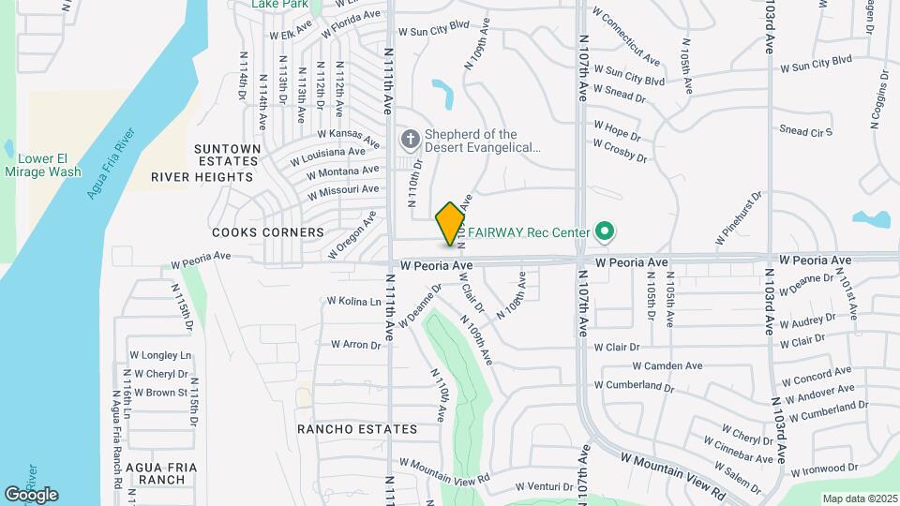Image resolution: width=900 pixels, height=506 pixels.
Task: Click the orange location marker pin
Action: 450,224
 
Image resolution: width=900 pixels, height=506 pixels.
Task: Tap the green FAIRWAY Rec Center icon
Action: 605,231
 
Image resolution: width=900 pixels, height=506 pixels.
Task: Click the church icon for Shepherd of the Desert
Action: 409,141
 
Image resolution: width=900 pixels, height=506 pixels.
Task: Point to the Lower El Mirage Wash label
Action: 42,165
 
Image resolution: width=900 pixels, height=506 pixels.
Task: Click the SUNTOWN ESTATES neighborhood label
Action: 227,156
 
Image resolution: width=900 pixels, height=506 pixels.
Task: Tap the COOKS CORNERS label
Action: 254,231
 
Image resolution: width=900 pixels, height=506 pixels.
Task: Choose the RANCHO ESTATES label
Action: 357,429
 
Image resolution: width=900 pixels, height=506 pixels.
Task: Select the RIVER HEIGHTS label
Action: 202,177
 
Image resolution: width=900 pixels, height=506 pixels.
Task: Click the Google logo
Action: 31,494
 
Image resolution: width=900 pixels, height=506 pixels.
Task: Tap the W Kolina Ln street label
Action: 353,302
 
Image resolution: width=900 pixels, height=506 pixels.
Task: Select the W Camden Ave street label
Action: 667,366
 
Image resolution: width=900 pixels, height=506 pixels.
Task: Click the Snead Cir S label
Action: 805,132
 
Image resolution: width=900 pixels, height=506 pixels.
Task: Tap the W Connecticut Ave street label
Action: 626,38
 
